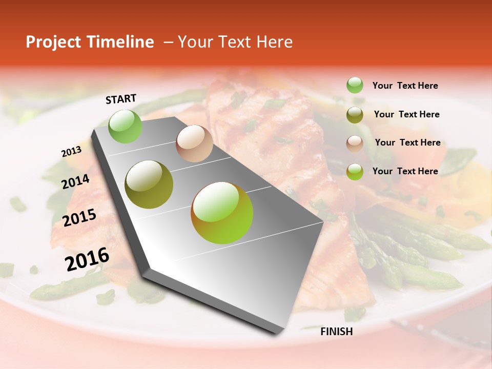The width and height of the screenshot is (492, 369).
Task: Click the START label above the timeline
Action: (x=121, y=99)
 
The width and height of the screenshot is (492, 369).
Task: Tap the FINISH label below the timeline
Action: (x=336, y=332)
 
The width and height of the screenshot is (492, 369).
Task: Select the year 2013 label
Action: (x=71, y=152)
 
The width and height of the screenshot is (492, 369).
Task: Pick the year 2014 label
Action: (x=75, y=182)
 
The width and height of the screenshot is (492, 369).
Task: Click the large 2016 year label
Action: (x=87, y=259)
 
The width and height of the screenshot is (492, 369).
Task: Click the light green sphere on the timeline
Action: (x=126, y=126)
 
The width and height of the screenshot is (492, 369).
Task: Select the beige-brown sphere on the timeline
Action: (x=194, y=143)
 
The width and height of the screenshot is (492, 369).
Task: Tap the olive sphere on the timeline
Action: (x=149, y=184)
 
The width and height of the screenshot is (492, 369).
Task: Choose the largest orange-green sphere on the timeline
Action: (x=222, y=213)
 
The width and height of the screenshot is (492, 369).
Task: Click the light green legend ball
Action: (x=355, y=85)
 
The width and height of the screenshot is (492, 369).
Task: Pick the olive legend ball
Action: (x=355, y=115)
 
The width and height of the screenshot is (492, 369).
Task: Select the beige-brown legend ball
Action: (x=355, y=143)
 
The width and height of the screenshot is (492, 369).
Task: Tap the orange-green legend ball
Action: (x=355, y=172)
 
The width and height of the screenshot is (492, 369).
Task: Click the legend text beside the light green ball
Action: (x=405, y=86)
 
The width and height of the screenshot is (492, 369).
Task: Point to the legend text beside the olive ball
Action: (x=406, y=114)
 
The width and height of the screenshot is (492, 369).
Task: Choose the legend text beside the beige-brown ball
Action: (x=407, y=142)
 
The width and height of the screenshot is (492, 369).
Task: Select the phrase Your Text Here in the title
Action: (x=235, y=42)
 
